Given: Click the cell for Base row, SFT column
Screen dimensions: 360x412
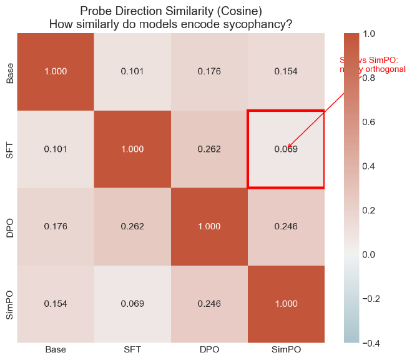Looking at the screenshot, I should coord(132,71).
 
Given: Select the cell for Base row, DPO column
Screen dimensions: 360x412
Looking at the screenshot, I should coord(209,71).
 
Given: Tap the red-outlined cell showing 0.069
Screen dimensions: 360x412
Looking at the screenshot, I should coord(286,149).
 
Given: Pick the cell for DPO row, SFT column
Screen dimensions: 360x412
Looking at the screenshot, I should coord(132,226).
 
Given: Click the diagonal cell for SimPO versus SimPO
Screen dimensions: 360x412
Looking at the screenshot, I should coord(286,304).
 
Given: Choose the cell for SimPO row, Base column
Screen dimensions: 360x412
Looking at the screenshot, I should coord(55,304).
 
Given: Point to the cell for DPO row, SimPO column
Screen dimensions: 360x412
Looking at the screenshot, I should coord(286,226).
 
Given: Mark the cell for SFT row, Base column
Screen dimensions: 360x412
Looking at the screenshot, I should coord(55,149).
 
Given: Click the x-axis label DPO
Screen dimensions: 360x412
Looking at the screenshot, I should coord(209,349).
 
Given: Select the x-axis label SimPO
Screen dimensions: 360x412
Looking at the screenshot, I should coord(286,349).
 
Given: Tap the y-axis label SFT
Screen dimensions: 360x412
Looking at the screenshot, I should coord(9,149).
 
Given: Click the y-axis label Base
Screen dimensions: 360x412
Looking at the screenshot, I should coord(9,72).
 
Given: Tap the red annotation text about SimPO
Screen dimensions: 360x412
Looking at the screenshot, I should coord(373,64).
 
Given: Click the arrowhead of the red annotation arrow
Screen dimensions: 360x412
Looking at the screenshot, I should coord(287,148).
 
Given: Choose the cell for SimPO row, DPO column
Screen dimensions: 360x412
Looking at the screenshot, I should coord(209,304).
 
